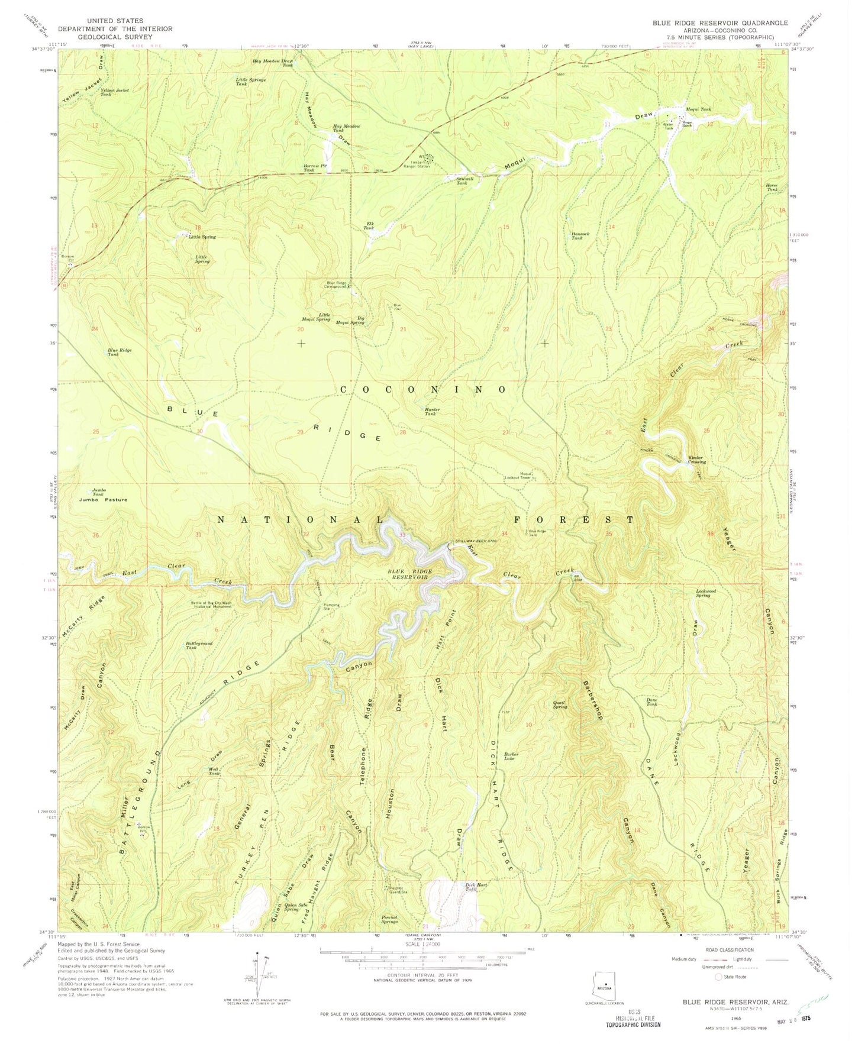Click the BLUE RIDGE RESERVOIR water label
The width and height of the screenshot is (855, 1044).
point(409,574)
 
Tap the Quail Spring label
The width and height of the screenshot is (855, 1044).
point(560,704)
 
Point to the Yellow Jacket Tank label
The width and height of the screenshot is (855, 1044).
point(114,92)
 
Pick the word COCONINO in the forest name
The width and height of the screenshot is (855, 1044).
point(424,389)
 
